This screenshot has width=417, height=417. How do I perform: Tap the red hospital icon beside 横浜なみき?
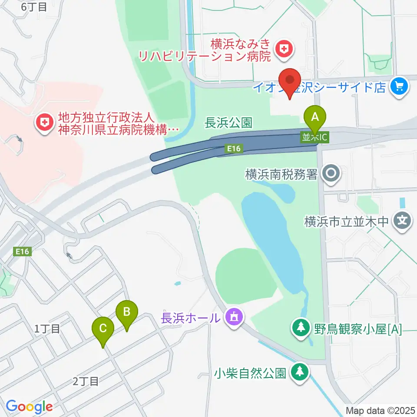click(285, 49)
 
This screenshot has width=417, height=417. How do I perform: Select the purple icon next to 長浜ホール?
click(234, 317)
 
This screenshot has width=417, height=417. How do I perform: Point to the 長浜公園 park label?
click(228, 123)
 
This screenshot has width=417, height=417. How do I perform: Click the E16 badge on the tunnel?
click(233, 149)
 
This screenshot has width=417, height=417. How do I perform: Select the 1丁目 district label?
click(47, 329)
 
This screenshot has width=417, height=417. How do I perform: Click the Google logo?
click(29, 407)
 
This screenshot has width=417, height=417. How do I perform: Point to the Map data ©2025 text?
click(381, 410)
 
